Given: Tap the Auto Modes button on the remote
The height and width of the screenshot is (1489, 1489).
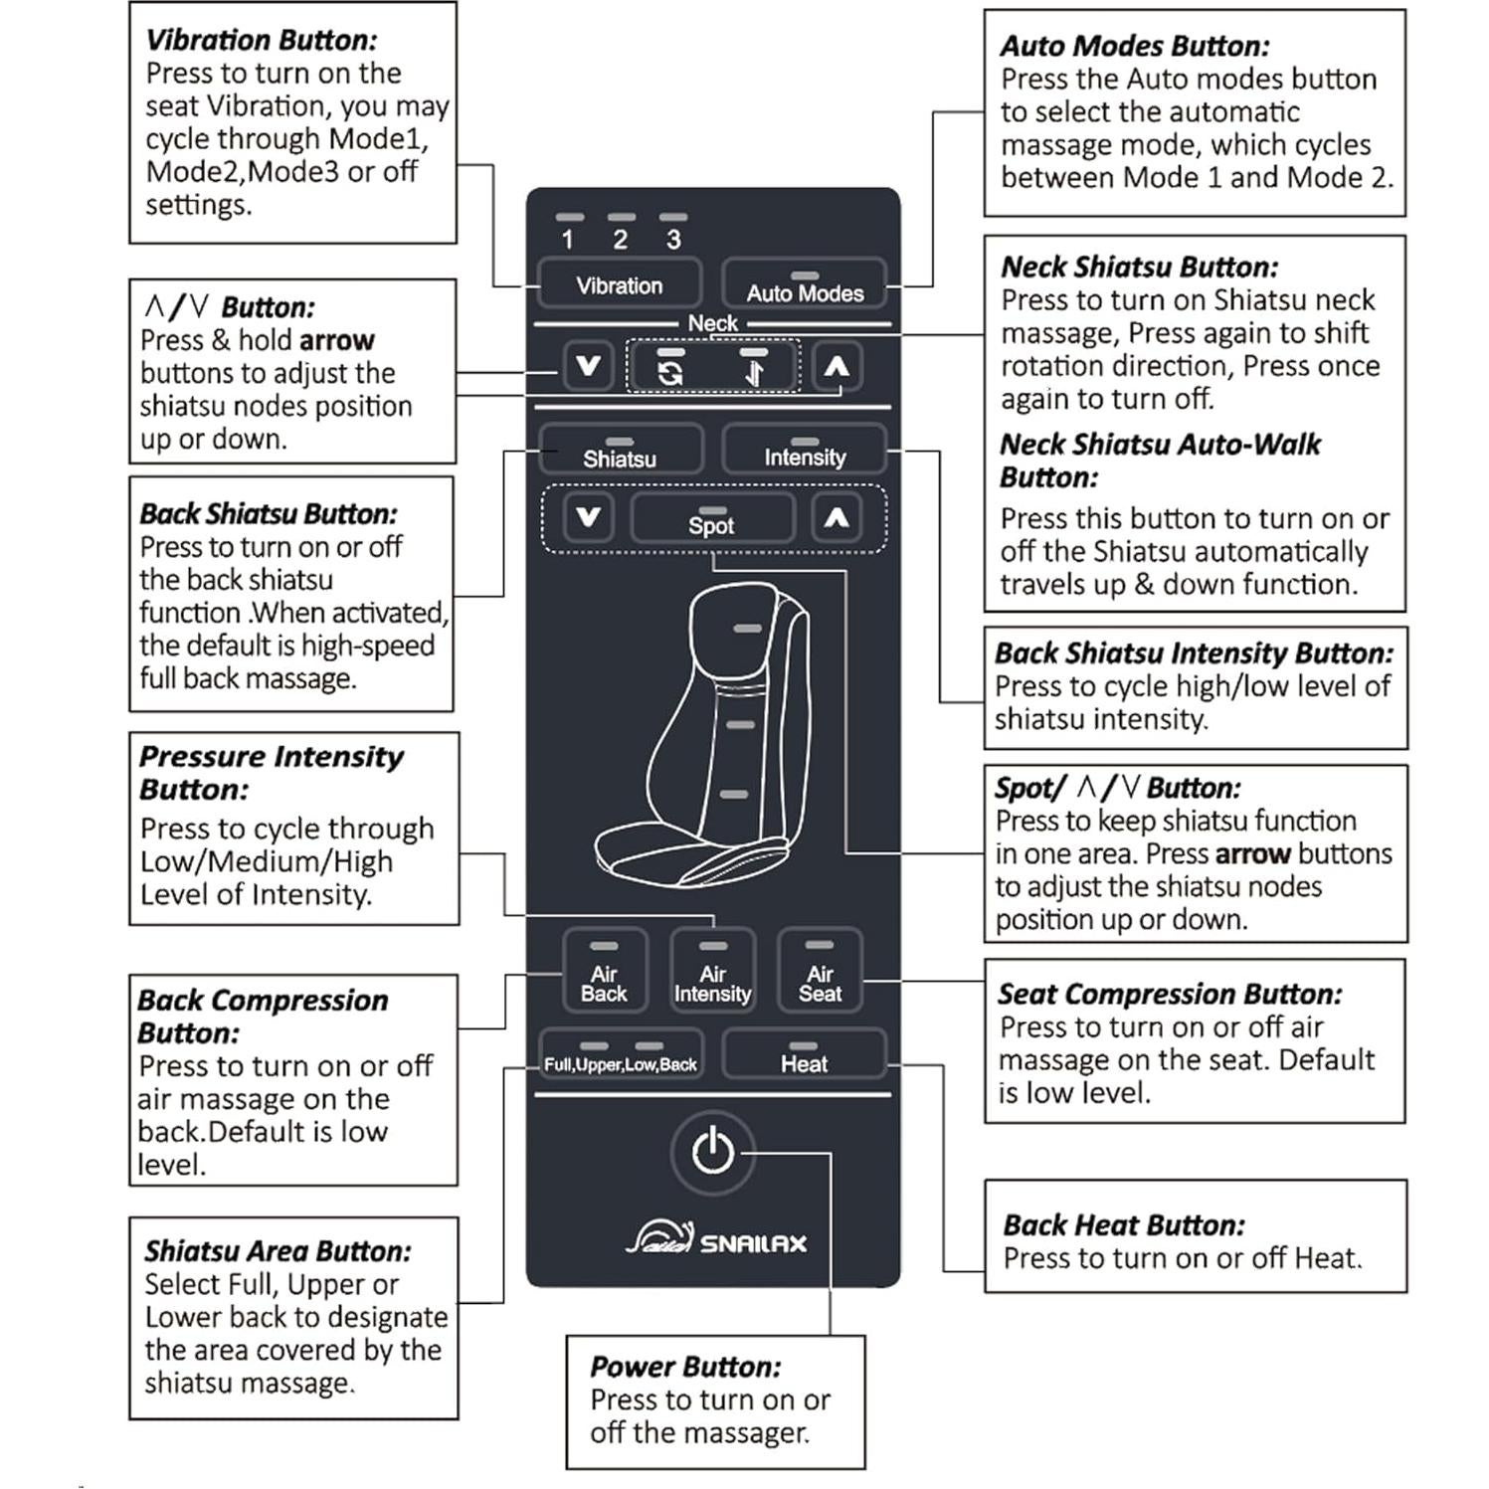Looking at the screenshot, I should tap(804, 284).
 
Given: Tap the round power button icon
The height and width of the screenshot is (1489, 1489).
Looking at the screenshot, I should tap(712, 1152).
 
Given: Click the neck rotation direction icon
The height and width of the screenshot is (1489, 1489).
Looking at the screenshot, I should tap(670, 371).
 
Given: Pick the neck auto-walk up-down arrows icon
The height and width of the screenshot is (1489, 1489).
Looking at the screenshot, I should tap(754, 371).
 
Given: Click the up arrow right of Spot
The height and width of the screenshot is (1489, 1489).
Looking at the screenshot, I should tap(837, 517).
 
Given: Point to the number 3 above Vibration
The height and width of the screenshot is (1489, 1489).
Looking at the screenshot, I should tap(673, 240).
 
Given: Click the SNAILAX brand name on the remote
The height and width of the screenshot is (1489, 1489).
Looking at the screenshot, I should tap(753, 1243).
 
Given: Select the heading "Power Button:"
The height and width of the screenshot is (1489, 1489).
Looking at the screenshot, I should tap(685, 1367).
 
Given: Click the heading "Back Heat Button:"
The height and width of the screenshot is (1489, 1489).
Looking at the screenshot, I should tap(1123, 1224).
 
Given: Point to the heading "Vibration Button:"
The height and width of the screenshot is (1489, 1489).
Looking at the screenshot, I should tap(262, 40).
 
